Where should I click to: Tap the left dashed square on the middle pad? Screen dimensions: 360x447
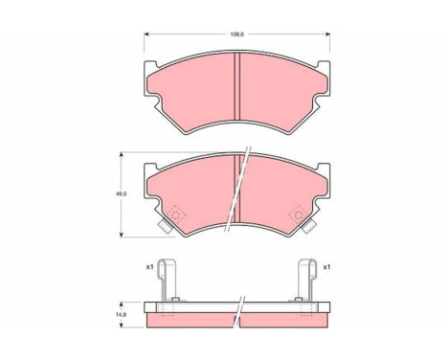176,214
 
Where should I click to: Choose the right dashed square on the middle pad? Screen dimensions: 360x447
299,215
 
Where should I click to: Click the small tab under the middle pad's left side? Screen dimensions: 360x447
166,228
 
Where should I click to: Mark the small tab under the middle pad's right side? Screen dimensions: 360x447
309,228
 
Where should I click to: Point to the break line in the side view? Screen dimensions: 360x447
239,308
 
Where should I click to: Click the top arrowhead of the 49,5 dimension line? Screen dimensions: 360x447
123,153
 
